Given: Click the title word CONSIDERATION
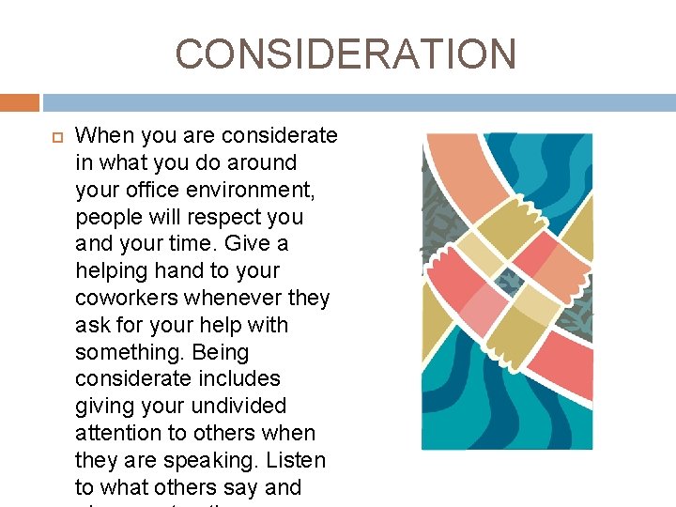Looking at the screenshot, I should point(346,54).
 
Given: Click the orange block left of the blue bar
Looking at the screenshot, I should point(19,102).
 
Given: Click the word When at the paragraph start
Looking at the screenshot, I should point(103,135).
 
